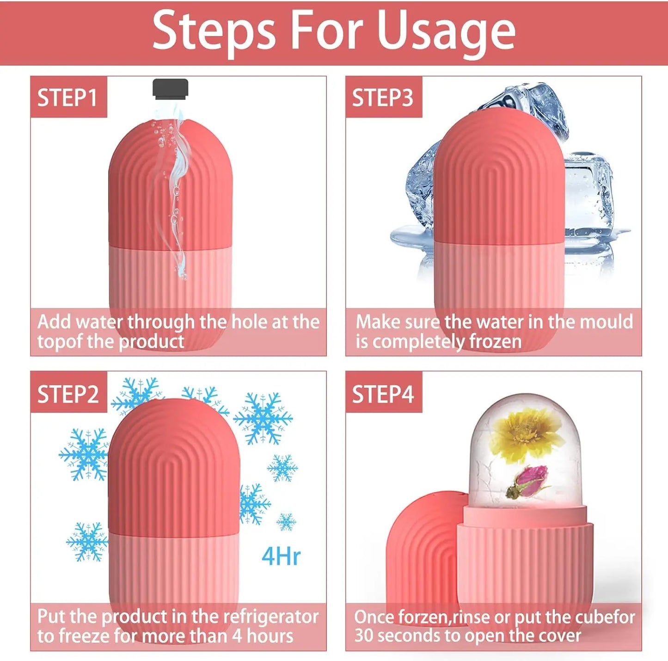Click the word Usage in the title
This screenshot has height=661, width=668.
point(446,31)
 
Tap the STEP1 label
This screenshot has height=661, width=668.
point(67,98)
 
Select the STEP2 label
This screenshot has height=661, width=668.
point(68,394)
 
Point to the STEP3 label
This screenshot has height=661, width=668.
point(383,98)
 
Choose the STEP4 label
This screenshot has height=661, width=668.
point(383,394)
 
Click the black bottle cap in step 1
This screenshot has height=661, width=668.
point(171,88)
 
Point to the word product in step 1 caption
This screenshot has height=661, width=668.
point(151,341)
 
